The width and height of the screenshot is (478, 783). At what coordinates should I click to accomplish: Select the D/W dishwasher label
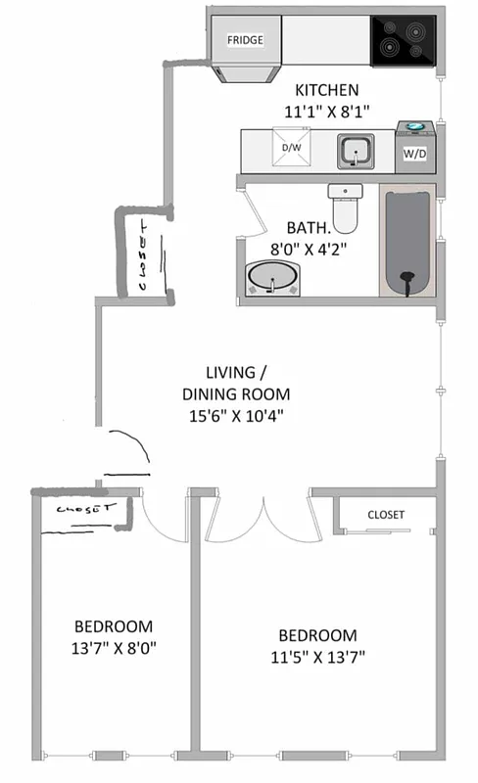(x=291, y=148)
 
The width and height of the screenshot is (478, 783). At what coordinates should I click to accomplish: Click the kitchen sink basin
(x=354, y=151)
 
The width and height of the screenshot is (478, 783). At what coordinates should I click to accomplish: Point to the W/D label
(x=414, y=154)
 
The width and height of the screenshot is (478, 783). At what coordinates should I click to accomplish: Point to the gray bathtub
(x=407, y=242)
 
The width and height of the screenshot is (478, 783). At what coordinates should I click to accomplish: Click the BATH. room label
(x=308, y=224)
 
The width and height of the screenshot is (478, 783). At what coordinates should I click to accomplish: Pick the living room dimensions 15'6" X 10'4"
(x=235, y=415)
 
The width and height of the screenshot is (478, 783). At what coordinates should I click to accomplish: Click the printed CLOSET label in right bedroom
(x=385, y=514)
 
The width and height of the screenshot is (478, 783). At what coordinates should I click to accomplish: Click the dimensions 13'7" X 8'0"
(x=114, y=648)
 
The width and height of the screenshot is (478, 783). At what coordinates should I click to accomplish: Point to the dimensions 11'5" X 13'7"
(x=316, y=657)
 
